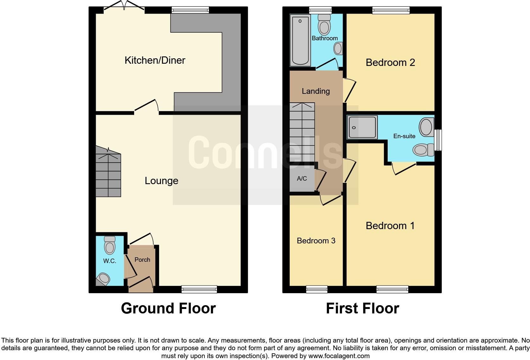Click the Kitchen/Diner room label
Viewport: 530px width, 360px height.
coord(155,60)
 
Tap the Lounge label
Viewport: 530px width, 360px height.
coord(161,181)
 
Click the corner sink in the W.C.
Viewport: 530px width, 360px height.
coord(103,279)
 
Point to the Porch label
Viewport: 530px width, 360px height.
coord(142,260)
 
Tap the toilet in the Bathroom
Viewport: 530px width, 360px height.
coord(324,25)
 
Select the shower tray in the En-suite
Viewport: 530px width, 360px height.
coord(362,127)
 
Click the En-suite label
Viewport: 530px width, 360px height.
coord(404,136)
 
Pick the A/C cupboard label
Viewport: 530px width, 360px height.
coord(302,178)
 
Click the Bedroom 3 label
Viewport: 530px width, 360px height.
coord(316,241)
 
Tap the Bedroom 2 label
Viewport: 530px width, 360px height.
coord(390,62)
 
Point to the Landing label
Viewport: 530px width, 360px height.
coord(316,91)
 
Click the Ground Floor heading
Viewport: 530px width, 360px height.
coord(168,308)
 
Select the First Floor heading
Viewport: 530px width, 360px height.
coord(362,308)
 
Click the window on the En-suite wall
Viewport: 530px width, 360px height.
coord(438,140)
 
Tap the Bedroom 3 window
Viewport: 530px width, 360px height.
coord(317,289)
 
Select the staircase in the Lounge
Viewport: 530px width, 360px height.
coord(108,173)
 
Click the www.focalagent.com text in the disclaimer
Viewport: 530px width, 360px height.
coord(339,356)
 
